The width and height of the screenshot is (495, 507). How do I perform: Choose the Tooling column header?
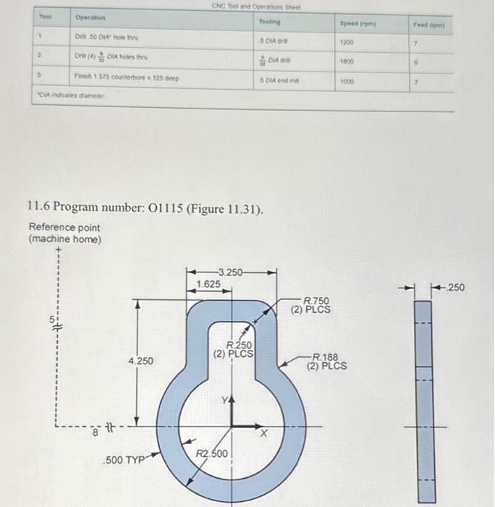click(267, 22)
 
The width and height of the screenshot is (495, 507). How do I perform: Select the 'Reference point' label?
click(64, 227)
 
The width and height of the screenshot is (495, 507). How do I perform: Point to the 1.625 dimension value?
click(208, 285)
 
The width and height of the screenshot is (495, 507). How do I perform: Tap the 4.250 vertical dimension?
click(140, 360)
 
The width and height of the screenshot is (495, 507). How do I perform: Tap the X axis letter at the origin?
click(264, 432)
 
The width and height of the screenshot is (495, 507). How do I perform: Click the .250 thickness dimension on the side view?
click(456, 288)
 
